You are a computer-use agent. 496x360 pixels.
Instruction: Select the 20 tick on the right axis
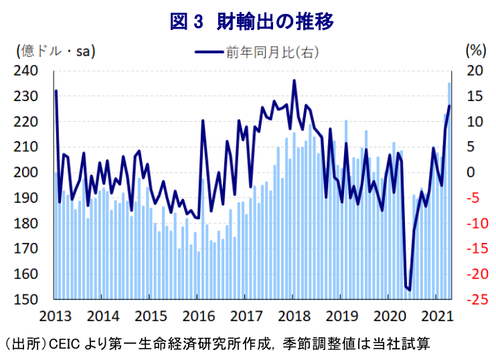(474, 71)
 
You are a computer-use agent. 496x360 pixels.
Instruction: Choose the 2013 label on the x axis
(55, 315)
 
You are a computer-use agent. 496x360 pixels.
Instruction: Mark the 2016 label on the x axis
(198, 315)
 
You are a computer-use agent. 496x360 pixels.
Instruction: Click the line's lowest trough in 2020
(409, 290)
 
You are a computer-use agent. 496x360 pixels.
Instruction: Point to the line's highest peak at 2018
(294, 81)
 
